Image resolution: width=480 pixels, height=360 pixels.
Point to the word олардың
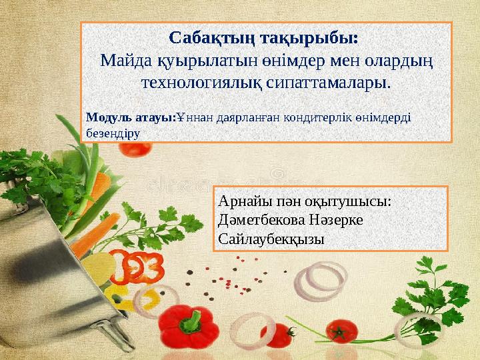(400, 61)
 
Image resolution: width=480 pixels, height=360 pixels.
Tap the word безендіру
(113, 131)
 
